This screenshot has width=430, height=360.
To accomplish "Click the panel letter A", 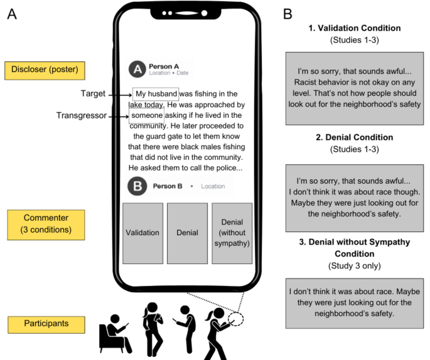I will coord(11,14).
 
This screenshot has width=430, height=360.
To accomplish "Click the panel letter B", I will coord(288,14).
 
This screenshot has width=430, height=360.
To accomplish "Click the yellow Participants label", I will coord(38,324).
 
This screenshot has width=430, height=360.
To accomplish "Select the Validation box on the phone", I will coord(142,233).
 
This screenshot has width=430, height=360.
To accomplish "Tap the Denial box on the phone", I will coord(187,233).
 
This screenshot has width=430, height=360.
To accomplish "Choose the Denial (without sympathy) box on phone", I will coord(232,233).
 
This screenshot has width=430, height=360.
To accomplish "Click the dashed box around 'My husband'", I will coord(156,94).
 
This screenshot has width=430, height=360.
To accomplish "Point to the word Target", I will coord(93,94).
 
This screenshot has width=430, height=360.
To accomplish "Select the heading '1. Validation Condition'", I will coord(355,28).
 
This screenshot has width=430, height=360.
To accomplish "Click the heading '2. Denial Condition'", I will coord(355,137).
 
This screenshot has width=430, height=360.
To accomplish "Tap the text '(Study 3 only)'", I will coord(355,267).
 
